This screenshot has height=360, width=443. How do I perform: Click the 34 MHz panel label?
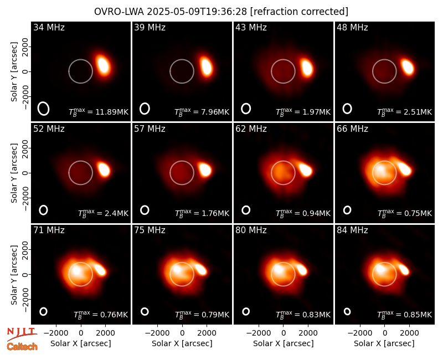coord(49,27)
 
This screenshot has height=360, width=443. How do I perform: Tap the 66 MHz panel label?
coord(352,129)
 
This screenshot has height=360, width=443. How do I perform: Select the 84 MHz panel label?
coord(352,230)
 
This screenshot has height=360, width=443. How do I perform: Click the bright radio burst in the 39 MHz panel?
coord(207,66)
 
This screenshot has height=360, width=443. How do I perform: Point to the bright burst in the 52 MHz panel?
coord(104,169)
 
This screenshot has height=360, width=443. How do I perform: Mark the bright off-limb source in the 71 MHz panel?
coord(100,269)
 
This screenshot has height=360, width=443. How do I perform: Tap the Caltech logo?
coord(22,347)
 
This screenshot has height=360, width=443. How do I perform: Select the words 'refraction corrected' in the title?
coord(300,12)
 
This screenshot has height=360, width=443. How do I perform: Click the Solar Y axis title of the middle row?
coord(14,173)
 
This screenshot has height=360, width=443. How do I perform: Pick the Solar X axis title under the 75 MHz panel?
coord(182,343)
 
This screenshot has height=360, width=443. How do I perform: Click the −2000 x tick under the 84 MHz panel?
coord(359,333)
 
